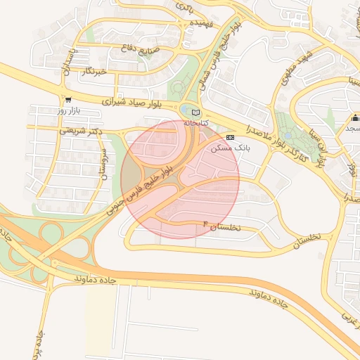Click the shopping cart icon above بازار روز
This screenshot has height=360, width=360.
tap(67, 100)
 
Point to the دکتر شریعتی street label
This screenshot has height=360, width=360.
tap(82, 130)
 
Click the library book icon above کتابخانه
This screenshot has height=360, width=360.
tap(195, 112)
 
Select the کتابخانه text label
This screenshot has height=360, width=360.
tap(196, 122)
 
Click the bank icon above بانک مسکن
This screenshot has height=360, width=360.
tap(231, 137)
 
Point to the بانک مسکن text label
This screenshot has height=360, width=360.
tap(231, 148)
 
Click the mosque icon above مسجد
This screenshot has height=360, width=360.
tap(355, 117)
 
